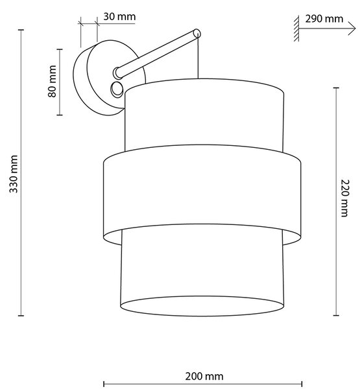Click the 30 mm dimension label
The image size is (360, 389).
point(119,17)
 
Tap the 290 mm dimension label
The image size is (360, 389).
point(324,19)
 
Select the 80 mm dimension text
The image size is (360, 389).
point(52,82)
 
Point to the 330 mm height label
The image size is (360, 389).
point(14,174)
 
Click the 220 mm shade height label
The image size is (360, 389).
point(344,198)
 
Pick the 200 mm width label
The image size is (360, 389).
point(204,376)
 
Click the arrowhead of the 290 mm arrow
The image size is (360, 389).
point(353,29)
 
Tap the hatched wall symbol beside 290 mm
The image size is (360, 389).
point(296,29)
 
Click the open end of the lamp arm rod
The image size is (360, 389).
point(197,33)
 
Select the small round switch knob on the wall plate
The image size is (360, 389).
point(117,89)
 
